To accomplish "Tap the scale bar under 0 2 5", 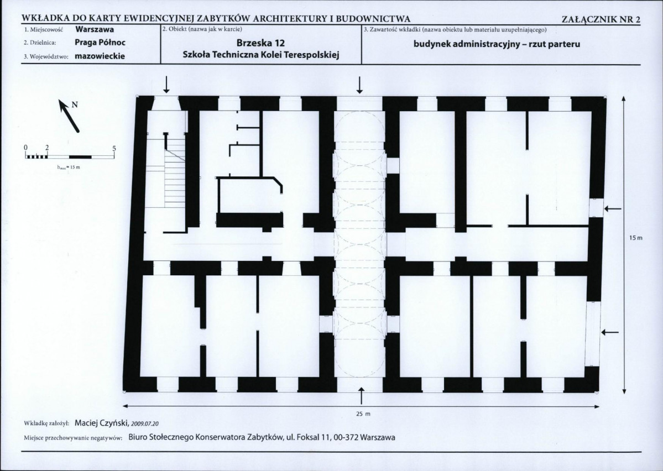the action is click(x=69, y=156).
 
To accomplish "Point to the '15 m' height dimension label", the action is click(x=635, y=238).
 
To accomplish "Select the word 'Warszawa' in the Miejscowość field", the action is click(x=95, y=30).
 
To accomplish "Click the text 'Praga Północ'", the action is click(x=100, y=43).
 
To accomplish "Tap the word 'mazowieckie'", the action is click(x=100, y=56).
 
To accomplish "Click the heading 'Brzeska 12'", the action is click(x=260, y=43).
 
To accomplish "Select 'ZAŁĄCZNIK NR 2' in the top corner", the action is click(x=602, y=19).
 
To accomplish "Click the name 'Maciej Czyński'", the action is click(x=102, y=422).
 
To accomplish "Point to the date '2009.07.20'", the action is click(x=145, y=423).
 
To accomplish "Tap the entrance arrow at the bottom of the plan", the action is click(x=362, y=395).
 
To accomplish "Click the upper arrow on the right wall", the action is click(x=613, y=208).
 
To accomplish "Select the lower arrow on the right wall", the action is click(x=610, y=333).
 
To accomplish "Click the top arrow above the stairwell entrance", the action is click(x=166, y=85).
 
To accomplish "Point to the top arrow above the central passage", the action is click(x=360, y=85).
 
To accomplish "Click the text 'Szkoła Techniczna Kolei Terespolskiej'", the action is click(x=262, y=55).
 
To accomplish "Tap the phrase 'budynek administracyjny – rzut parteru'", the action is click(x=497, y=44).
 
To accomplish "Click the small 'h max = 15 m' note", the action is click(x=69, y=167).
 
